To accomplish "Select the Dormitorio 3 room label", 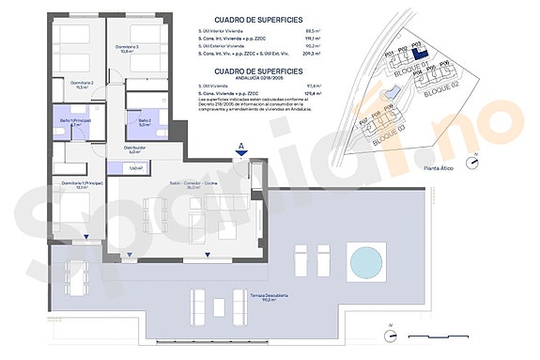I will [x=128, y=49].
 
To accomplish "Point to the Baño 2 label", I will [x=145, y=121].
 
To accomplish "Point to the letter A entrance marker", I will [x=241, y=145].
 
